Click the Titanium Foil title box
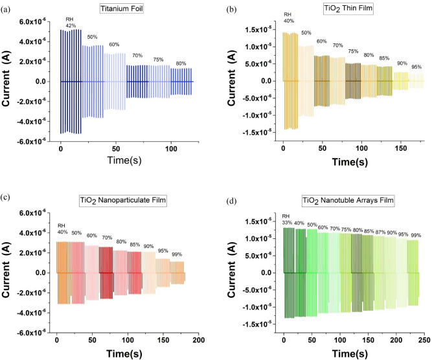[x=119, y=10]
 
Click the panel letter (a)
[x=6, y=6]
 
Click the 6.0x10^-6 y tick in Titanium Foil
[x=31, y=21]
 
